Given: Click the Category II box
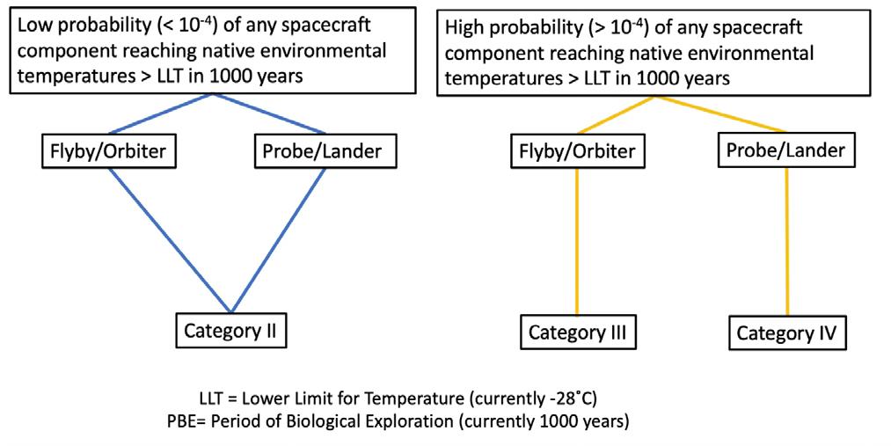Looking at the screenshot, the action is click(231, 331).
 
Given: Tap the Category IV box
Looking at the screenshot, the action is click(786, 333).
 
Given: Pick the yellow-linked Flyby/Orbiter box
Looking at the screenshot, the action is click(576, 151).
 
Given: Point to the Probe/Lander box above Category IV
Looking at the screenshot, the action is click(786, 150).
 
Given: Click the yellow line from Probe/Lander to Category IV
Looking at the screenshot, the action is click(786, 242).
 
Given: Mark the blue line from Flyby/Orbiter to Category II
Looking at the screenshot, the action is click(167, 238).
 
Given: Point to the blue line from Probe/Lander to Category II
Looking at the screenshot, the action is click(280, 238).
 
